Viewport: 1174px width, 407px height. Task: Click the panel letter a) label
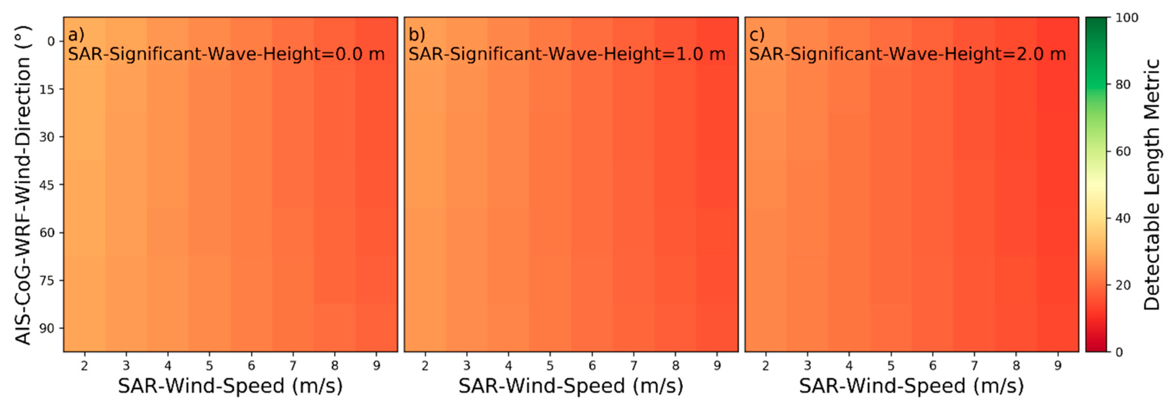76,35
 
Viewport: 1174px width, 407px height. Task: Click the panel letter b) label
417,35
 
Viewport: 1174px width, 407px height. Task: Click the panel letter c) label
757,35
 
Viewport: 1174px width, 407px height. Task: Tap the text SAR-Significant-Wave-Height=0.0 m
226,54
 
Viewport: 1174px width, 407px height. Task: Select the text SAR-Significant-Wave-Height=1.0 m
566,54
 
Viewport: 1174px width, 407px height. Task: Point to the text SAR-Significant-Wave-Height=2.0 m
907,54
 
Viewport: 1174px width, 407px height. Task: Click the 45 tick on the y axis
47,185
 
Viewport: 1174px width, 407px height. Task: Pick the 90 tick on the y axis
47,329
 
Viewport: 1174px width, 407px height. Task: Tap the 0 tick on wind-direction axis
51,41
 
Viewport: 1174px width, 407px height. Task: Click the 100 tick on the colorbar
1127,18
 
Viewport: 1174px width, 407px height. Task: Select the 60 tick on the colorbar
1123,152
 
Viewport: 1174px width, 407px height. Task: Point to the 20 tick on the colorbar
1123,285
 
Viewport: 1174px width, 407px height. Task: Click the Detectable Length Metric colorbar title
1152,185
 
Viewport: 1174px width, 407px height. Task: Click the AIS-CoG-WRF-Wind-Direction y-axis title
23,185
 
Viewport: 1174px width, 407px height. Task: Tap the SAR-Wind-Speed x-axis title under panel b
571,386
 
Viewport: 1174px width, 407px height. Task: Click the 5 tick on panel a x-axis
209,366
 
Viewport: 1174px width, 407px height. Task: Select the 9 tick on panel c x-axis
1058,366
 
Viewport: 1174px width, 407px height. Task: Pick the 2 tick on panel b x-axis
425,366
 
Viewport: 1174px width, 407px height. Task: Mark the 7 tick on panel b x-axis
634,366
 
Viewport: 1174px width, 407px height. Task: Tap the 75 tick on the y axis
47,281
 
